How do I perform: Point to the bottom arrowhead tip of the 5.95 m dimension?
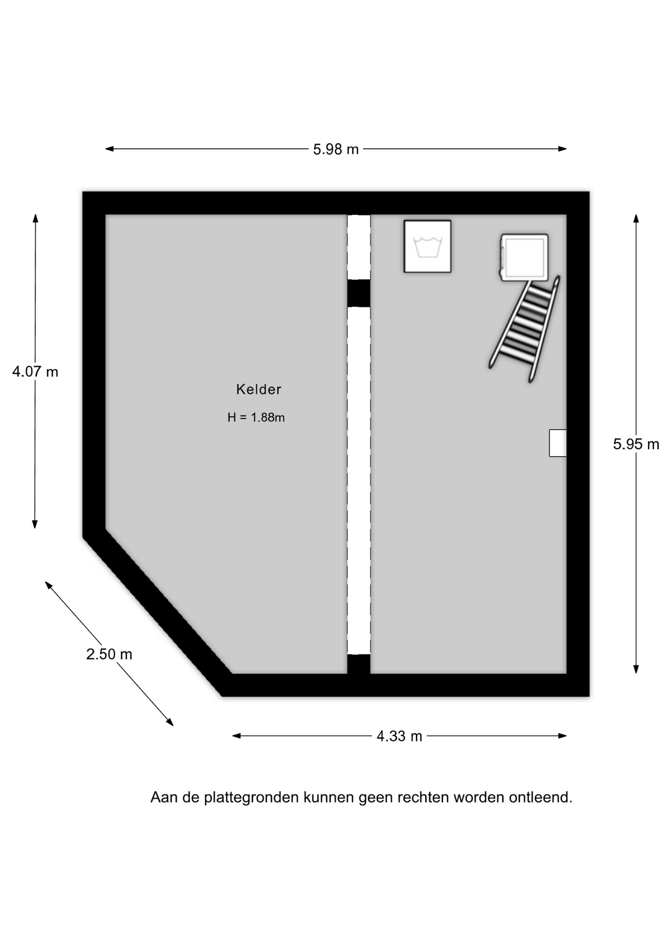coord(636,673)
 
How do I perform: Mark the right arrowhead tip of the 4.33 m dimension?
coord(566,735)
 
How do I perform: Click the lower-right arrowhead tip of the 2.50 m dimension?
coord(173,726)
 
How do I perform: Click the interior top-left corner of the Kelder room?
coord(106,215)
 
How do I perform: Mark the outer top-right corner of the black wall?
coord(589,192)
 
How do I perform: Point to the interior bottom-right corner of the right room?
coord(566,673)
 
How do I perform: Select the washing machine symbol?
coord(427,246)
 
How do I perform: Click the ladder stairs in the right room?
coord(525,329)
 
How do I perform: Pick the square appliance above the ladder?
coord(524,258)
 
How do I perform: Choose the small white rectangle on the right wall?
coord(558,443)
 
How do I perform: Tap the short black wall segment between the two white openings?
coord(359,293)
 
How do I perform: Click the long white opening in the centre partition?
coord(359,480)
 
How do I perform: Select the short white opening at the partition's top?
coord(359,247)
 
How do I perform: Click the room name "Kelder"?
coord(258,389)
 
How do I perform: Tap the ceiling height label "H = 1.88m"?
coord(256,417)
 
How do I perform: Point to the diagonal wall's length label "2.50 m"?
coord(109,654)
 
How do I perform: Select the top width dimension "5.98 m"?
coord(336,149)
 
